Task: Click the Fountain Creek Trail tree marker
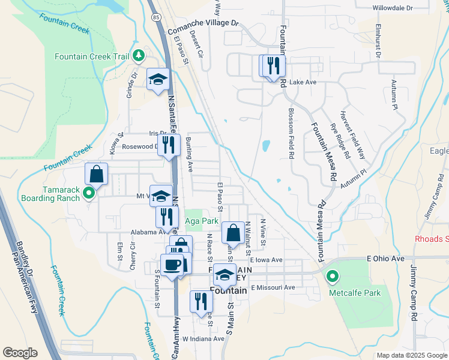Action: (139, 56)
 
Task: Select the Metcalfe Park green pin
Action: (332, 277)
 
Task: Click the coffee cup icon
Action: (172, 265)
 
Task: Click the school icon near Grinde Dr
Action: (158, 79)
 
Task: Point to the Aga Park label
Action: (202, 221)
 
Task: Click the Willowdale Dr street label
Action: (393, 8)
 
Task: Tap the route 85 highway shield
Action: (155, 17)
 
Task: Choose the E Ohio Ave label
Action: (387, 259)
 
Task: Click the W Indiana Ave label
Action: (203, 339)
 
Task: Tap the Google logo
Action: (20, 353)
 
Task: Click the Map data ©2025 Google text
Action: (411, 355)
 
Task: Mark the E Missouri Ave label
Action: (273, 287)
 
